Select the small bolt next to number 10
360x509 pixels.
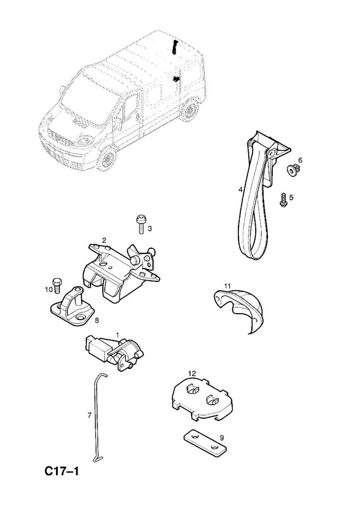click(57, 284)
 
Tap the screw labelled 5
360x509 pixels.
click(283, 199)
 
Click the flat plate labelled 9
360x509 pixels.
click(205, 442)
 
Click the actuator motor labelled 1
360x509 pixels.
click(114, 352)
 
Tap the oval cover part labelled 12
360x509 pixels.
click(201, 400)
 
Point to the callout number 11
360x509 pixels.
click(227, 286)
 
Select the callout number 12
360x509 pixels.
click(192, 373)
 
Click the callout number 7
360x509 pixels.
click(89, 415)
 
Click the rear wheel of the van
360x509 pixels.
click(191, 108)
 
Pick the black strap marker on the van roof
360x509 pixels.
click(175, 48)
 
